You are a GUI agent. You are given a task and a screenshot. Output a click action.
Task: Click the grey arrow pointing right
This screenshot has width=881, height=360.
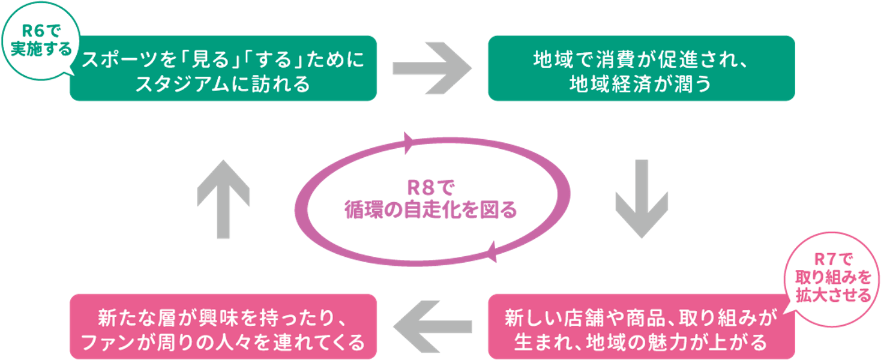(431, 68)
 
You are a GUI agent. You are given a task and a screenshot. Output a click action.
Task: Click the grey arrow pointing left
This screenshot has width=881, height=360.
(431, 326)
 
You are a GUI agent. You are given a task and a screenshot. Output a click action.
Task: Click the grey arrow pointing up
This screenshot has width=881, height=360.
(223, 199)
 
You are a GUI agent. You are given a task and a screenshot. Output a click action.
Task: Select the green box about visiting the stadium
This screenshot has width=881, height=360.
(223, 68)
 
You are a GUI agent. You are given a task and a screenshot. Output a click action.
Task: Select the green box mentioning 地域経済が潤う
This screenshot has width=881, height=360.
(641, 68)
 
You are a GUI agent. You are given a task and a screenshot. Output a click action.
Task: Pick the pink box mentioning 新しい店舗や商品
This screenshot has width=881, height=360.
(641, 326)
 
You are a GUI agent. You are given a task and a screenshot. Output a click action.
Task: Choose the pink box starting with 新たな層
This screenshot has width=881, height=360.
(223, 326)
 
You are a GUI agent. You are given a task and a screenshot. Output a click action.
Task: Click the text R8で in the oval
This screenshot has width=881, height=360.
(430, 189)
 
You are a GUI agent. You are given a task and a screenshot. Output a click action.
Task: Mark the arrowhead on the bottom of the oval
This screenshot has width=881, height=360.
(491, 253)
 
